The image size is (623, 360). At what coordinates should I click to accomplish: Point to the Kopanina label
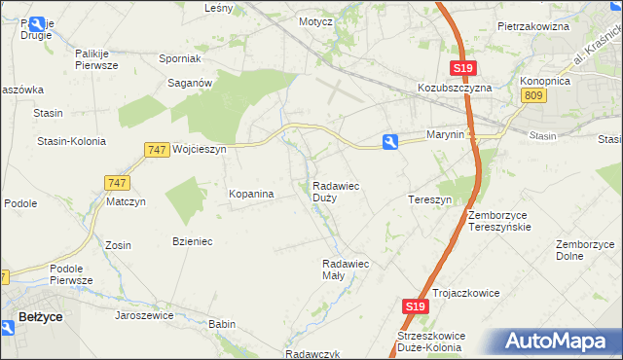251,195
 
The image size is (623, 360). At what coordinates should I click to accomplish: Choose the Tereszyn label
429,199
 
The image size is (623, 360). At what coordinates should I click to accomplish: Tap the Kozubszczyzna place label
455,87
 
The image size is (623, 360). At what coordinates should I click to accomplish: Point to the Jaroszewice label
144,315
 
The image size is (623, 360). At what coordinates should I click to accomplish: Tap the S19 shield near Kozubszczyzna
463,67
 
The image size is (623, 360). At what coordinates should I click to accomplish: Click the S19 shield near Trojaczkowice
415,306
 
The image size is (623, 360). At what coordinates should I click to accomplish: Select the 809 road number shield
531,94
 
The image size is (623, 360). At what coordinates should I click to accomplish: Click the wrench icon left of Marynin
390,142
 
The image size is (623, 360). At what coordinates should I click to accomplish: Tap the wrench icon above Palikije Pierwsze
38,25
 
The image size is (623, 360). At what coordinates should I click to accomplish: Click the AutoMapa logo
560,342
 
